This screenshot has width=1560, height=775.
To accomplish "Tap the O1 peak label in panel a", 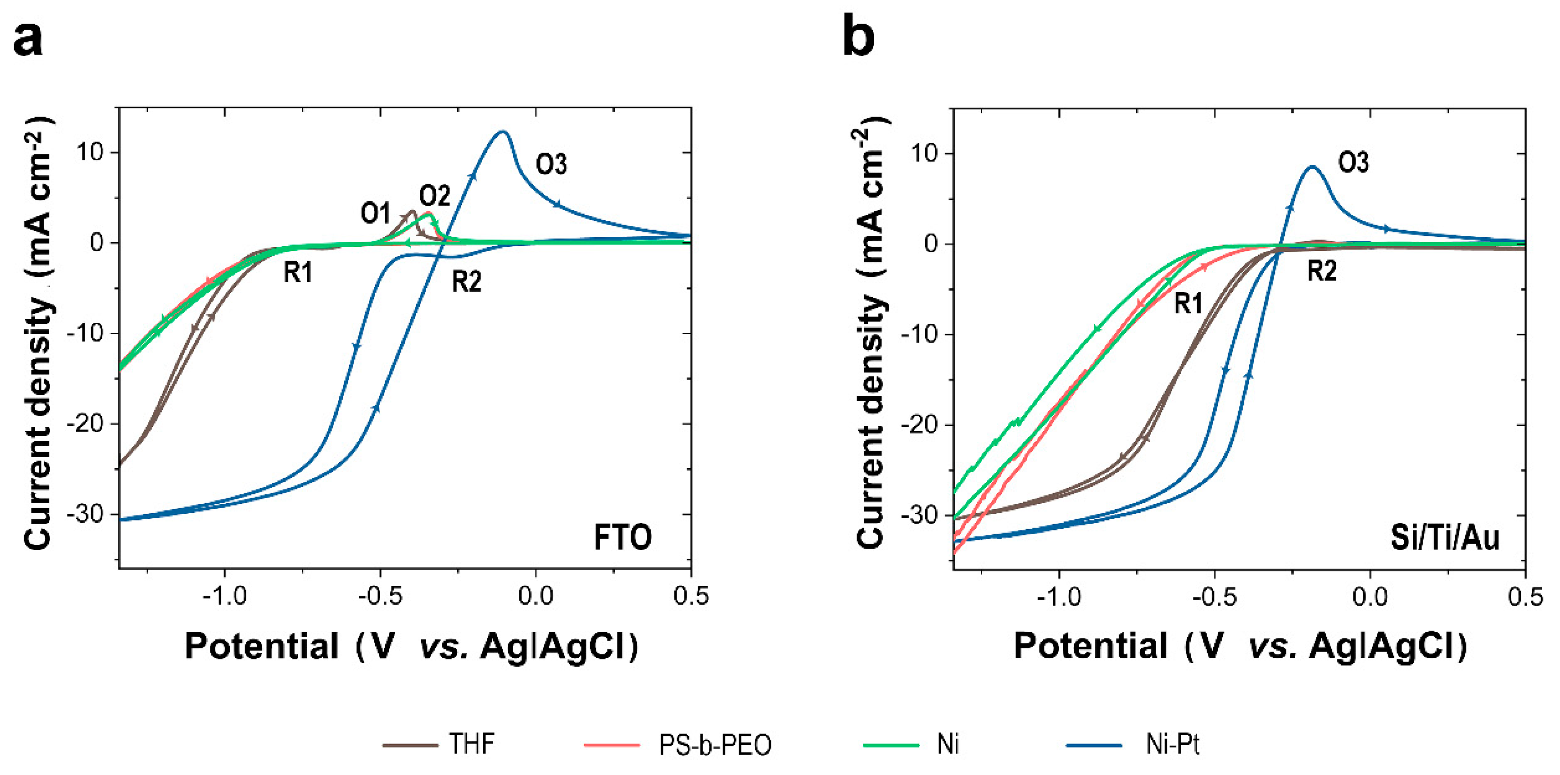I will (376, 213).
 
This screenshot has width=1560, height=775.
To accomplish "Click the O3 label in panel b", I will (1353, 162).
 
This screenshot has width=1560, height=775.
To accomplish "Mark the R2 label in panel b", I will (1321, 270).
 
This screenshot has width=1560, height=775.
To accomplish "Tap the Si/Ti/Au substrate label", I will (1444, 537).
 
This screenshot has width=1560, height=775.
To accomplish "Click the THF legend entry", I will (471, 744).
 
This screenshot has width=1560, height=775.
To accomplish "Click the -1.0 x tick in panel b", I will (1059, 597).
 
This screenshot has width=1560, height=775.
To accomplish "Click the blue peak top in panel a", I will (503, 132).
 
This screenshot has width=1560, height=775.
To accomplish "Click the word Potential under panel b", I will (1090, 646).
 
